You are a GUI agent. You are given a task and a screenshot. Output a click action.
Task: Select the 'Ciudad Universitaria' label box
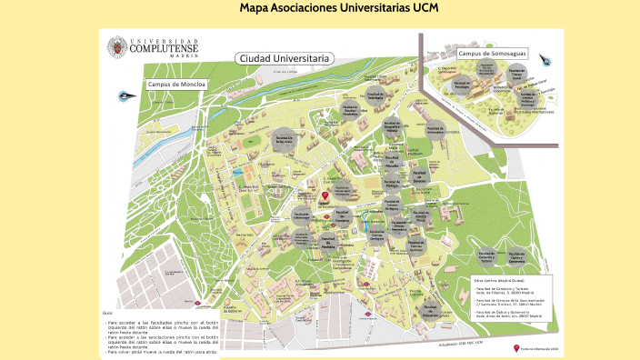click(x=284, y=58)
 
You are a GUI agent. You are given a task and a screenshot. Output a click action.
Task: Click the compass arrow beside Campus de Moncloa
click(x=124, y=95)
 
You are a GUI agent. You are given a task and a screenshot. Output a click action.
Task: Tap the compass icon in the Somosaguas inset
click(x=545, y=59)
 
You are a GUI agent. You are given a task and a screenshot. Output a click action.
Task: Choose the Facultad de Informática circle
click(x=435, y=128)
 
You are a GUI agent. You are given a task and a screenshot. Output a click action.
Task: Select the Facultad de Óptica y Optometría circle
click(x=515, y=233)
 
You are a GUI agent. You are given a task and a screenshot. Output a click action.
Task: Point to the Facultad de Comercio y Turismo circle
click(x=486, y=233)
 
